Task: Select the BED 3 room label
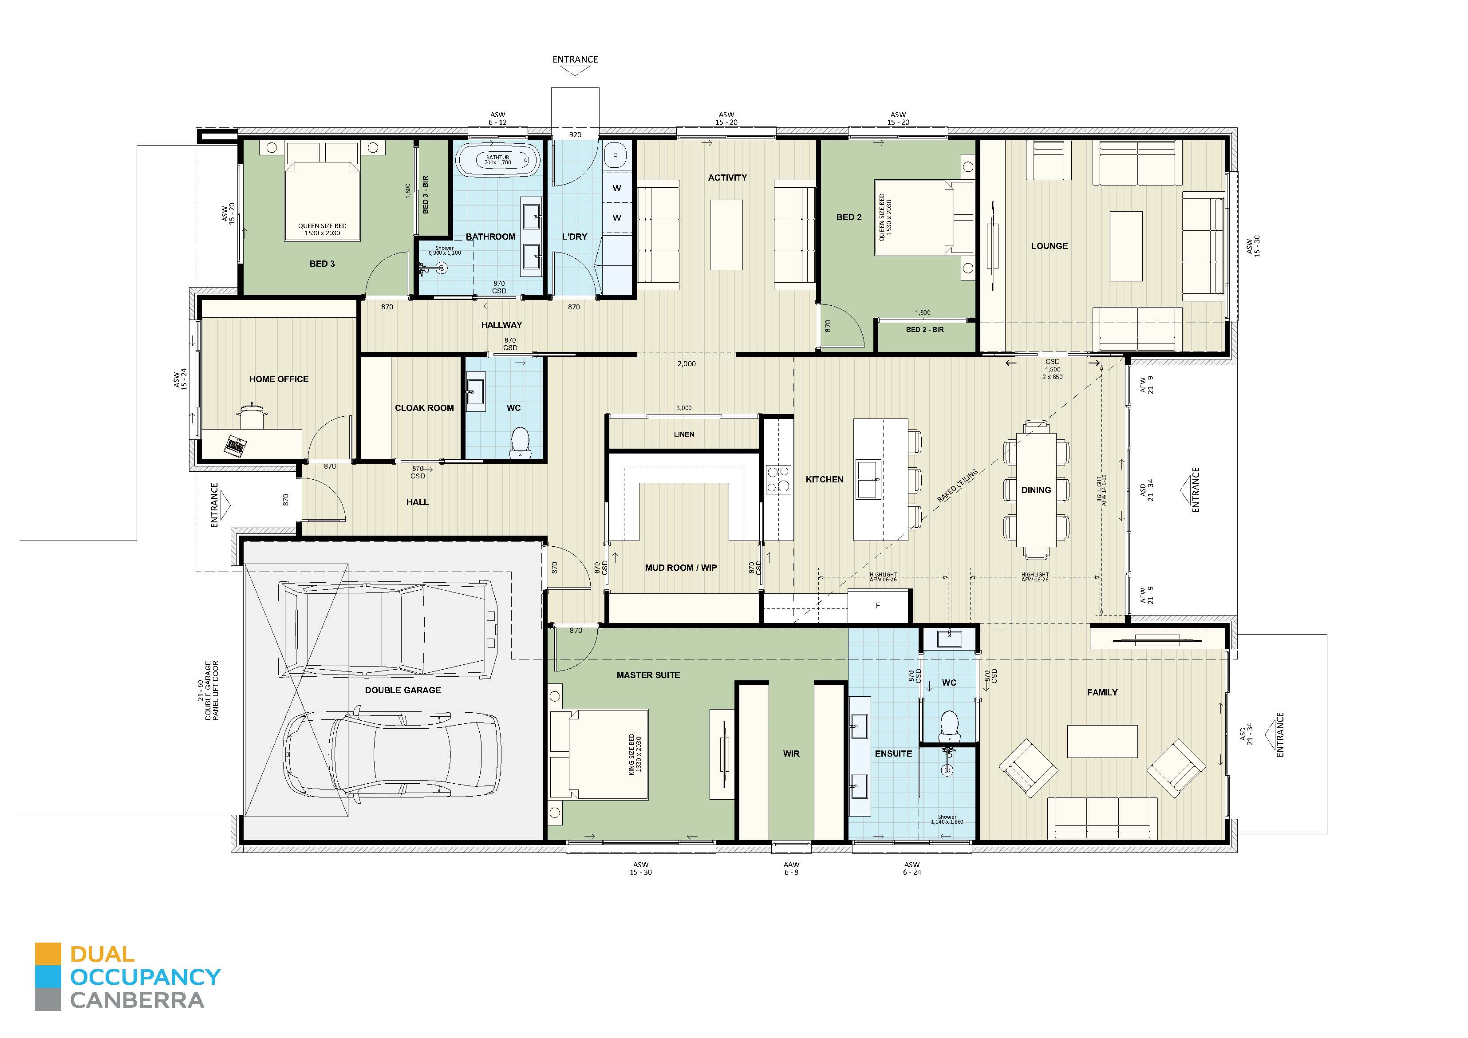(x=322, y=264)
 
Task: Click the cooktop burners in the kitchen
(x=777, y=479)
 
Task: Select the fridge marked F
(x=878, y=605)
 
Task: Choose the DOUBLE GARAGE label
(x=403, y=690)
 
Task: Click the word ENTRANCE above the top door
(x=575, y=59)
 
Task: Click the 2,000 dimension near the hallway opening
(x=686, y=364)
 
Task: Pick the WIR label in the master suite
(x=791, y=754)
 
